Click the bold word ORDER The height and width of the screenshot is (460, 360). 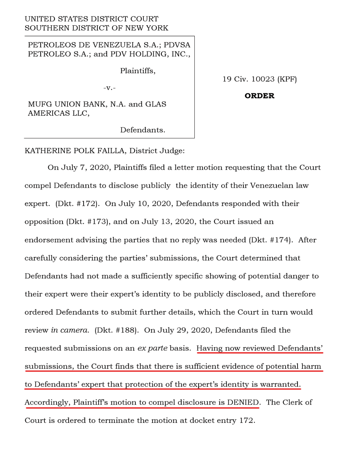260,96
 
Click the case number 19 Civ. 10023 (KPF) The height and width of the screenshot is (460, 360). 260,79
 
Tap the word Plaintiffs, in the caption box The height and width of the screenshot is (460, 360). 138,71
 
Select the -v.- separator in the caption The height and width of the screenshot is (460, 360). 109,87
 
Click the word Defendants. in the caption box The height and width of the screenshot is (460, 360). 143,130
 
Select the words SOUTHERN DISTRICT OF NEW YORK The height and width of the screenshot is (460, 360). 96,28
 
